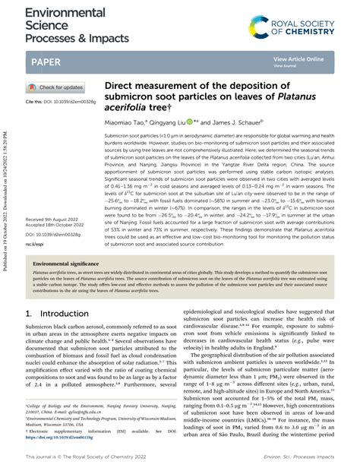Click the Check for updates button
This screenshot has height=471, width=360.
click(x=57, y=87)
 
